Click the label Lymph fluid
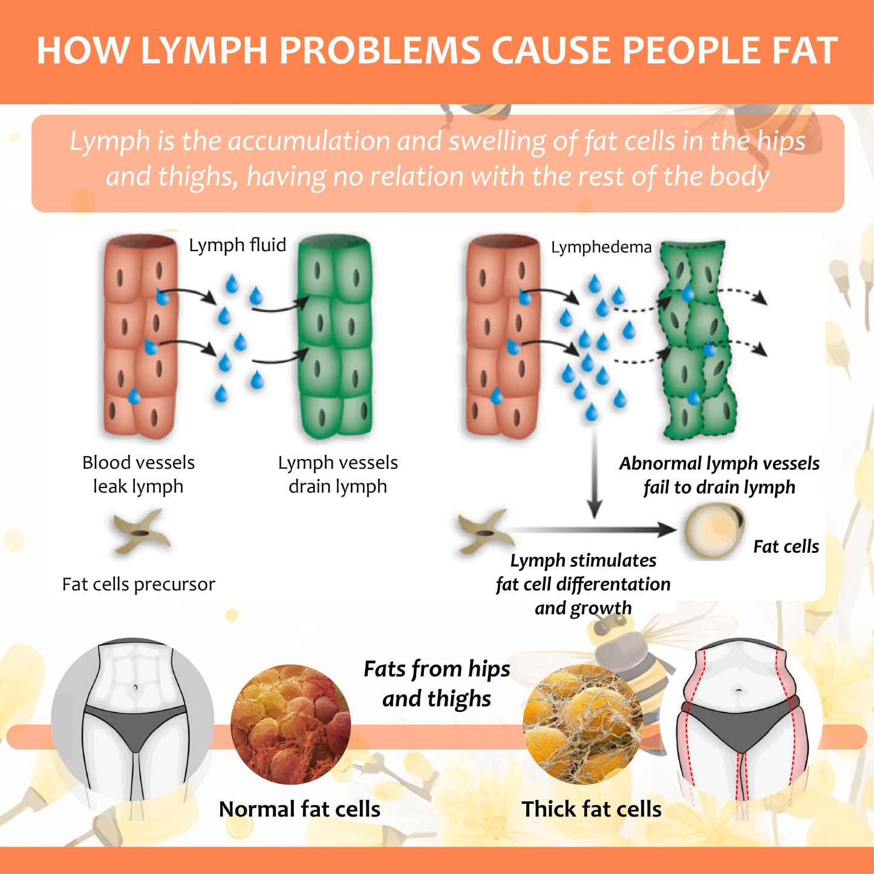pyautogui.click(x=237, y=245)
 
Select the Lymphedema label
pyautogui.click(x=601, y=247)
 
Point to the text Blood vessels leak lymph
pyautogui.click(x=139, y=474)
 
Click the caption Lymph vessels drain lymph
pyautogui.click(x=338, y=474)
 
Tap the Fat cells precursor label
pyautogui.click(x=139, y=584)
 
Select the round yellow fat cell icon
pyautogui.click(x=714, y=530)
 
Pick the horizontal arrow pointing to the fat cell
pyautogui.click(x=593, y=530)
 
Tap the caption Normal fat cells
pyautogui.click(x=299, y=809)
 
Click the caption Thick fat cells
pyautogui.click(x=592, y=809)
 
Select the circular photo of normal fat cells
pyautogui.click(x=291, y=725)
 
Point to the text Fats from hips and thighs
pyautogui.click(x=437, y=683)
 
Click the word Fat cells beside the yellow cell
pyautogui.click(x=786, y=547)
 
